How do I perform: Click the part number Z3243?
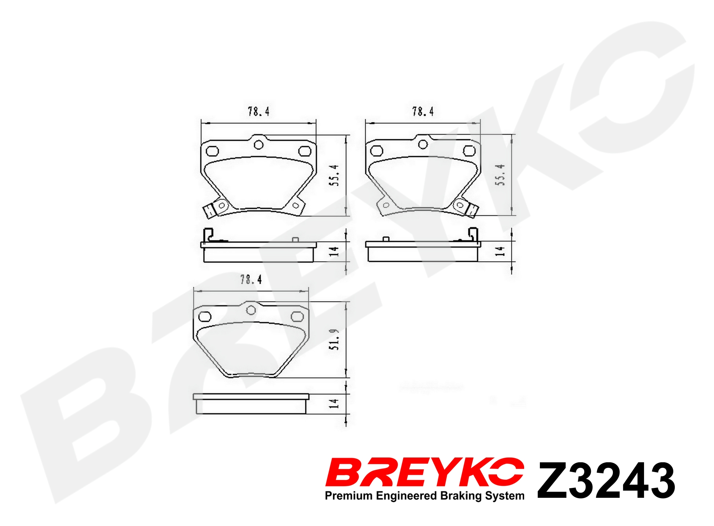(606, 480)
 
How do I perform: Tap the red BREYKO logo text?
(424, 472)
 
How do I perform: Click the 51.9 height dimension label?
(334, 340)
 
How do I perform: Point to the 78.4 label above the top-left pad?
(258, 111)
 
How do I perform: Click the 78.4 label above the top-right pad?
(423, 111)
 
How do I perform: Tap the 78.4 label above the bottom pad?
(251, 279)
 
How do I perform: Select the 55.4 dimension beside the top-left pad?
(334, 175)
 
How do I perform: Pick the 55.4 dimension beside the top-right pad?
(500, 175)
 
